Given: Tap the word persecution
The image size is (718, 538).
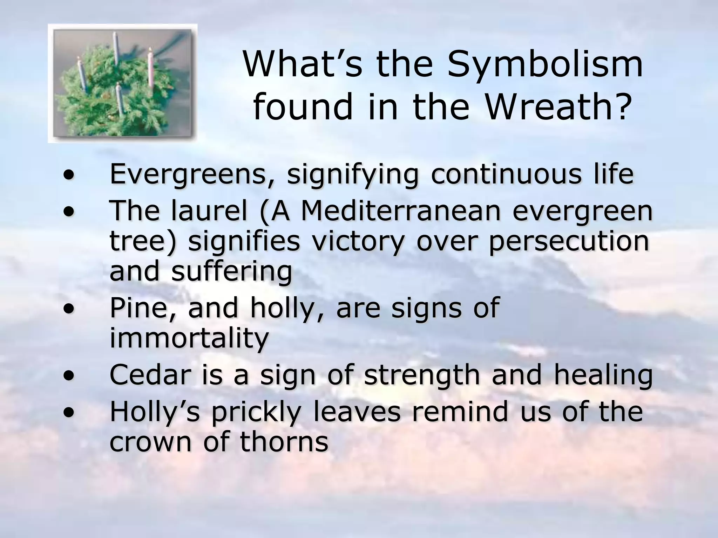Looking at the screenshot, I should point(568,242).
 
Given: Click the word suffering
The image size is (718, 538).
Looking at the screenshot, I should point(231,272).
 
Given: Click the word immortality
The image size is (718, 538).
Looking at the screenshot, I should point(189,338).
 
